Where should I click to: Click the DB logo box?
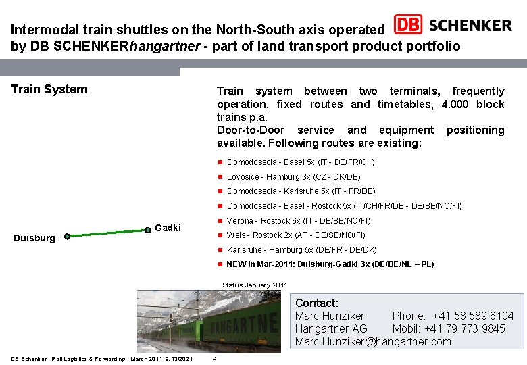(408, 25)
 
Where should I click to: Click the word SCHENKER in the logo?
(470, 26)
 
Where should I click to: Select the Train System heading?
(49, 89)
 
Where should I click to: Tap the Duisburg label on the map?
(34, 239)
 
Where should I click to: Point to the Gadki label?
(168, 228)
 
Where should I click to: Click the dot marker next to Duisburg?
(67, 237)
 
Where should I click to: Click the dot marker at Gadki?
(148, 230)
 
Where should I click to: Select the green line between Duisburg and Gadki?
(107, 233)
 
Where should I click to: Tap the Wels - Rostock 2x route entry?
(295, 235)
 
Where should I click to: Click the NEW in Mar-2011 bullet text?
(330, 264)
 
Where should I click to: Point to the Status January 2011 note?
(255, 285)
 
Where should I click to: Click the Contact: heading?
(317, 303)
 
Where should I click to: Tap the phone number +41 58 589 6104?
(473, 316)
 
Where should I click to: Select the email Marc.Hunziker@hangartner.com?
(373, 341)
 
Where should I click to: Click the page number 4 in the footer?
(214, 358)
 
